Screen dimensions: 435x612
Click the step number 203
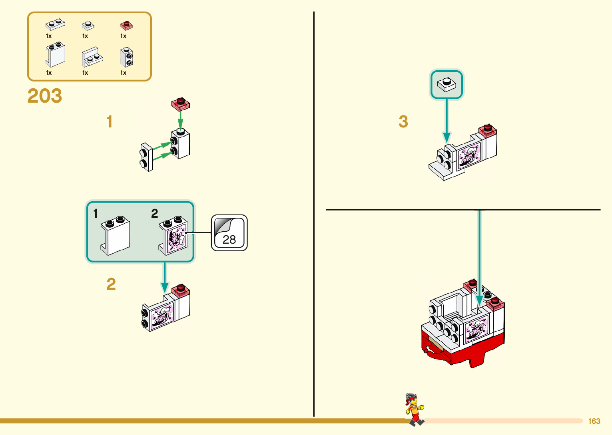(45, 96)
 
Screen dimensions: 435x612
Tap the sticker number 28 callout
(229, 233)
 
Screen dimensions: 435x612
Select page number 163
(594, 421)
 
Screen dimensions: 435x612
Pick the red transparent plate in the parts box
(126, 26)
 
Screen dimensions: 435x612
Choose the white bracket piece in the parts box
(92, 57)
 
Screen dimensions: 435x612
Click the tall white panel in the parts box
(55, 56)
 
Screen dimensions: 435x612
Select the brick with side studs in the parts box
(126, 57)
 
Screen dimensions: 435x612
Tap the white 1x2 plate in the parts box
(55, 25)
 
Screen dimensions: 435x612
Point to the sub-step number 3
(403, 122)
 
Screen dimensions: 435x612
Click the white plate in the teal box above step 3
(447, 85)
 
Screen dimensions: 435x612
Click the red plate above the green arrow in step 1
(181, 104)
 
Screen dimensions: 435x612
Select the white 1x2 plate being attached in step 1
(146, 157)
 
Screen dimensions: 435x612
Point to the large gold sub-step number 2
(111, 284)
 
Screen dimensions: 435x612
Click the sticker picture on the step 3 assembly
(469, 155)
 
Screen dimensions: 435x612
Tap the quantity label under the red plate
(123, 36)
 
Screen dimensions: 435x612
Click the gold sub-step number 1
(110, 122)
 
